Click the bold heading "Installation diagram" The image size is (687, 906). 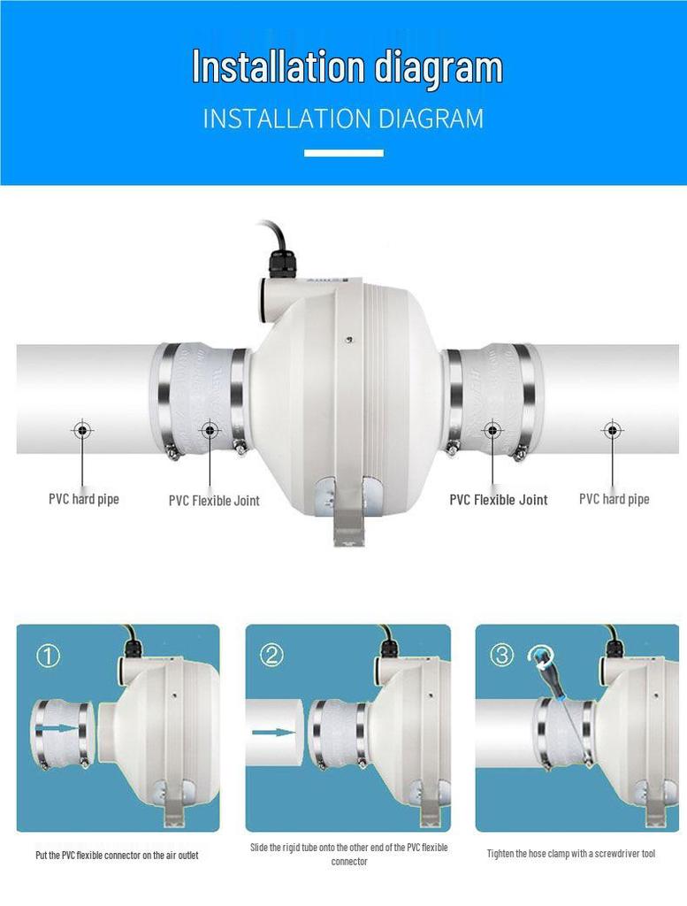[x=347, y=67]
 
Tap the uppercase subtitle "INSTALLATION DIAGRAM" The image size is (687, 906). [x=343, y=119]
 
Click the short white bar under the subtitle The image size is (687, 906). [x=343, y=153]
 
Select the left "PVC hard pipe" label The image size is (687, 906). [x=83, y=499]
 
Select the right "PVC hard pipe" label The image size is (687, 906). [x=614, y=499]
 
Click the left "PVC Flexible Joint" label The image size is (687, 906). [x=214, y=501]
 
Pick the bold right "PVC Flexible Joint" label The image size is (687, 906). [x=498, y=500]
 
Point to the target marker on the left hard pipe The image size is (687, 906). [x=82, y=431]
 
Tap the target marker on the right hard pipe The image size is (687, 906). [x=612, y=431]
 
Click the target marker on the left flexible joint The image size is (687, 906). [x=210, y=431]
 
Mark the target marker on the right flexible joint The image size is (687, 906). [x=492, y=431]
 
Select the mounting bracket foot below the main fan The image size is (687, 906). [x=348, y=527]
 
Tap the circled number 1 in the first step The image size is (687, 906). [x=48, y=656]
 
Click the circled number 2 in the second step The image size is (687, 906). [x=271, y=655]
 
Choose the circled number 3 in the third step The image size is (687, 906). [x=501, y=655]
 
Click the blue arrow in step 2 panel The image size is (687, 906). [x=273, y=733]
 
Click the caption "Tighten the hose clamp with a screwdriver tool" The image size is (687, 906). [x=571, y=854]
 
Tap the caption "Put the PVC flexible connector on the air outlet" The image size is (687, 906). [x=117, y=856]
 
